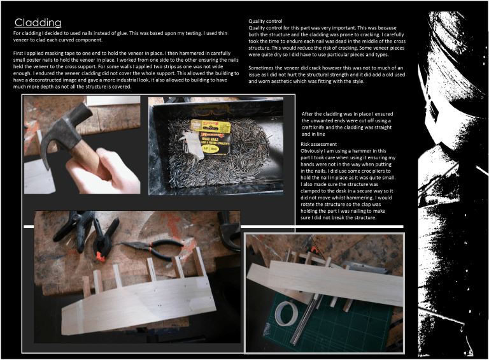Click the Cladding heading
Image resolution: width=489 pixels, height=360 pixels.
click(x=38, y=22)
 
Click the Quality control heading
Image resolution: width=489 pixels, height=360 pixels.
click(x=265, y=21)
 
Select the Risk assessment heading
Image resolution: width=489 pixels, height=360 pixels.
click(x=318, y=144)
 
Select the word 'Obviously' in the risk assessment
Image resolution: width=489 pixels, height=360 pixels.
click(x=311, y=151)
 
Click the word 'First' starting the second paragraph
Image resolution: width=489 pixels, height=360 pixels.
click(x=18, y=54)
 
